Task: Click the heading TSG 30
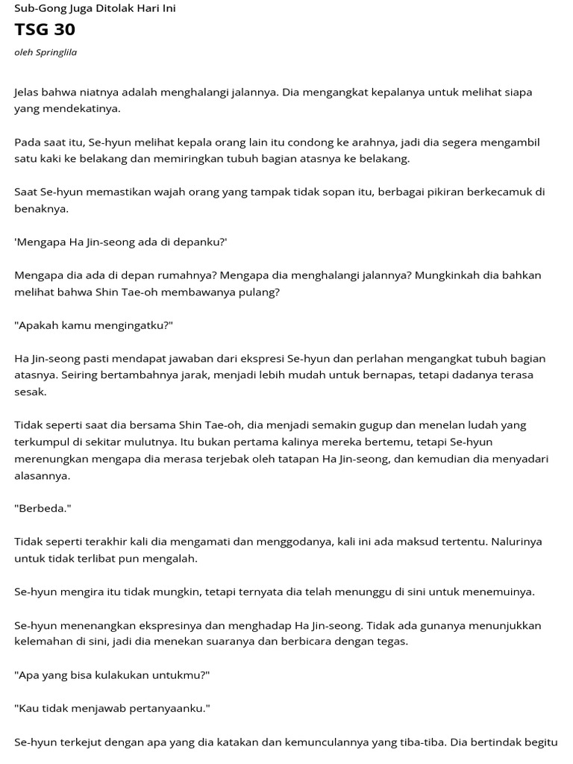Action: (45, 30)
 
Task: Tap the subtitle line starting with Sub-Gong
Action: (95, 8)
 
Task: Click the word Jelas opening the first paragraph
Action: (28, 92)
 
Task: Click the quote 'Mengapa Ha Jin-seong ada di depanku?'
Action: (121, 242)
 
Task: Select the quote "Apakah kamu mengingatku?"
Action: (93, 325)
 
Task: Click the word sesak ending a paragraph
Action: (30, 392)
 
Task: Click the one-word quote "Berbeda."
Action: (43, 508)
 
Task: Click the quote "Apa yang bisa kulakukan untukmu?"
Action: (112, 675)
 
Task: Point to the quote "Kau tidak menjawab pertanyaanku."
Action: (112, 708)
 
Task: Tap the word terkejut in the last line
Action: (82, 742)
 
